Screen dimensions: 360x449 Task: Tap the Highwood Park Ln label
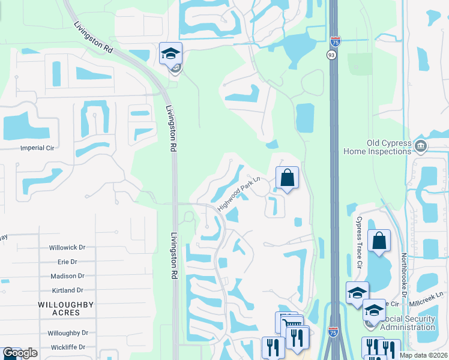click(x=238, y=194)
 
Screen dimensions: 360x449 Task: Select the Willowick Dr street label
click(x=68, y=247)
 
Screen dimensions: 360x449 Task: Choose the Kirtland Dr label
click(x=68, y=290)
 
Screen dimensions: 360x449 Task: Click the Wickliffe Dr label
click(x=68, y=347)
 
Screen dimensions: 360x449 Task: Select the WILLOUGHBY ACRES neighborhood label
click(x=66, y=309)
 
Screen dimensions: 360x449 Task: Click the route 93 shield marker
click(x=331, y=55)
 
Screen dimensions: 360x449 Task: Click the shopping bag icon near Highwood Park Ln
click(x=287, y=178)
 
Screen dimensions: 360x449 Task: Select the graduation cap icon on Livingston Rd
click(x=170, y=53)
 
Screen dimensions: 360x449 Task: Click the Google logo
click(x=19, y=353)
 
